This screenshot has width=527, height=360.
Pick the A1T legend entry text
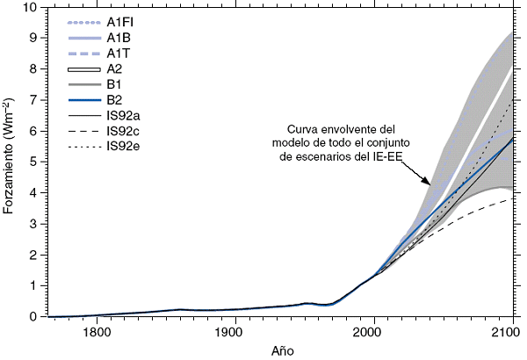point(117,54)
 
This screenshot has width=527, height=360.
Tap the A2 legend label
point(114,68)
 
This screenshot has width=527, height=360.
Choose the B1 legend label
point(114,84)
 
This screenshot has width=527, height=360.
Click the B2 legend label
point(114,100)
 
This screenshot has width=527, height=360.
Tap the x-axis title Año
point(283,349)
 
